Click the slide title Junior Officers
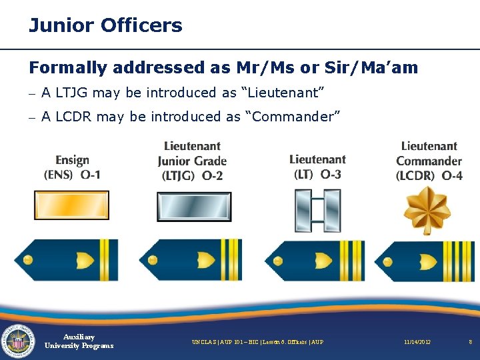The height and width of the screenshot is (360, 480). tap(105, 26)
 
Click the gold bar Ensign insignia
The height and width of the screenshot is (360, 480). tap(71, 205)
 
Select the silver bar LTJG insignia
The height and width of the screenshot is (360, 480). tap(193, 207)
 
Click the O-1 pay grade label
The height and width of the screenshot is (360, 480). tap(91, 175)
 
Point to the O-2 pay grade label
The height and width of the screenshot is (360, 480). tap(211, 176)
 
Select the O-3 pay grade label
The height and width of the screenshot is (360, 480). tap(331, 175)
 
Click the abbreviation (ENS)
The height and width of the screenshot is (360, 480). tap(59, 175)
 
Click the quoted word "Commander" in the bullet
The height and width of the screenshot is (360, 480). tap(294, 117)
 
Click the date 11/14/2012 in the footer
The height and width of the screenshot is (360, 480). tap(417, 342)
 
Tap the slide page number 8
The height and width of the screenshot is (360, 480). tap(470, 342)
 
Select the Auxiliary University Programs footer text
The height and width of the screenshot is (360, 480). tap(79, 341)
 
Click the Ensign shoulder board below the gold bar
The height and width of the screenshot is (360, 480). tap(67, 260)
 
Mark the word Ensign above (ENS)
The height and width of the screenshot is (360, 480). tap(73, 160)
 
